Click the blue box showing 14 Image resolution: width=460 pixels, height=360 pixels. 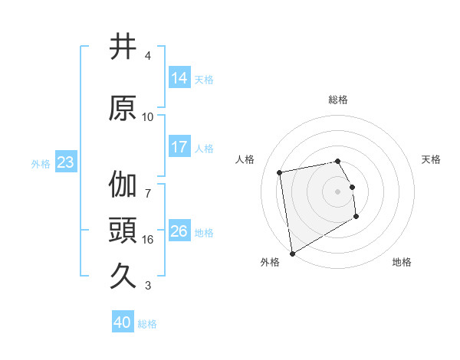[179, 77]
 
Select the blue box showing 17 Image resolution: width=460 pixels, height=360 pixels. [179, 147]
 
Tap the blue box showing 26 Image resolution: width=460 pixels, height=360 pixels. [179, 231]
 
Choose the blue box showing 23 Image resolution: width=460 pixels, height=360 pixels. [64, 162]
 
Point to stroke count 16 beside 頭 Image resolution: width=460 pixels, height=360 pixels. [148, 240]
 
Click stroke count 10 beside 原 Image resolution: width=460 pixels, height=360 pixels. [148, 117]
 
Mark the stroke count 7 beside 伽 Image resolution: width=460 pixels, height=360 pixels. [148, 186]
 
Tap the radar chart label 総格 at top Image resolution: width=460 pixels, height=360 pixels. [338, 100]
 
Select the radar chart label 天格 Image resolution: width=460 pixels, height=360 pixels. [432, 159]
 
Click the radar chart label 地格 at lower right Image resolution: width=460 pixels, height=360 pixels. [402, 262]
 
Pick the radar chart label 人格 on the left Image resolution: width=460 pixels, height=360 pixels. [245, 159]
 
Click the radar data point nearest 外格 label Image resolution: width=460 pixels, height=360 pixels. [292, 253]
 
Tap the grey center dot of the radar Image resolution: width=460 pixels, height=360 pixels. [338, 191]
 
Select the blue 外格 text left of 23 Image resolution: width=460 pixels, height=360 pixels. [41, 163]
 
